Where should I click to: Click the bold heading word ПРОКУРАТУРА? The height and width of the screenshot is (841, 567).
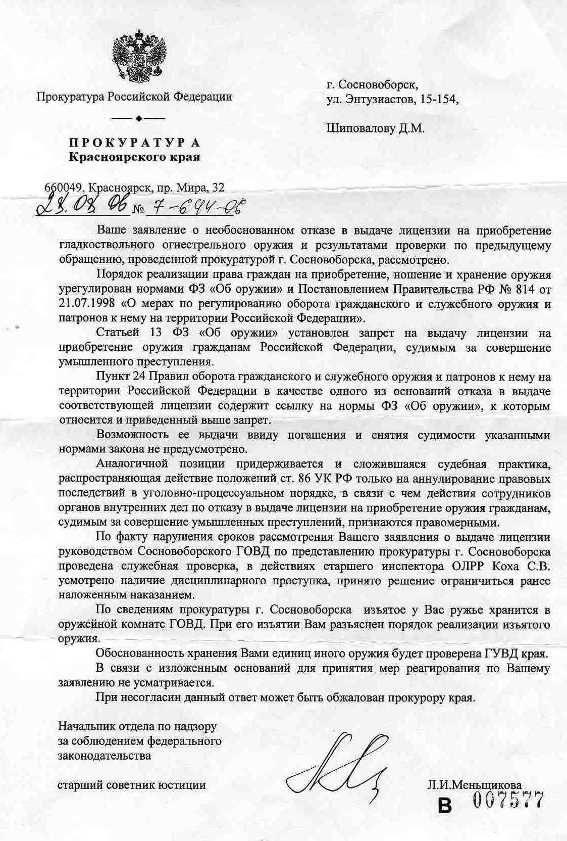[x=134, y=143]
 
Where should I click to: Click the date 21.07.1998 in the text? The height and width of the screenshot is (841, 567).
[x=87, y=305]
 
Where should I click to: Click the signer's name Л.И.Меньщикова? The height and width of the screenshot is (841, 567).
[x=475, y=785]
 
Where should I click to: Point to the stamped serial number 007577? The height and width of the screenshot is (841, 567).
[x=508, y=801]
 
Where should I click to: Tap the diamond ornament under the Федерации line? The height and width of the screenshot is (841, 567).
[x=138, y=118]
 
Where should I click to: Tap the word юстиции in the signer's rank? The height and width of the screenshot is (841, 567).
[x=183, y=785]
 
